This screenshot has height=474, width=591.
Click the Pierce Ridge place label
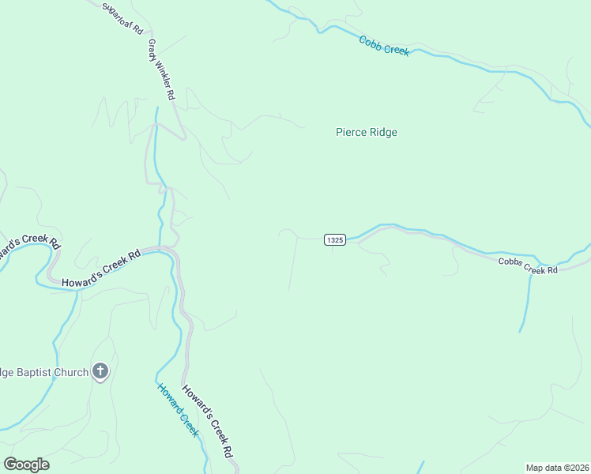pos(366,132)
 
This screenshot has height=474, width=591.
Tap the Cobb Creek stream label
pos(384,46)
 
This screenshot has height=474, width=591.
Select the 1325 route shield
pos(334,239)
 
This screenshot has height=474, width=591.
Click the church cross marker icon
pos(100,371)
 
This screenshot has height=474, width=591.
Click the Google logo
pos(26,465)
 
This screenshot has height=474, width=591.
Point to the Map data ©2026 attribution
pos(557,467)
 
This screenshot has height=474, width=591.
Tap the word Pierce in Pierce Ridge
pos(351,132)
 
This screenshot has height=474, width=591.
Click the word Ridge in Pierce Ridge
pos(382,132)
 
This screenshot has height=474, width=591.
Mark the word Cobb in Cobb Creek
pos(371,42)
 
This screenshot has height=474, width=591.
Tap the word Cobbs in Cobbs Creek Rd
pos(510,263)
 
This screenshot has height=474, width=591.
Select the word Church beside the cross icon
pos(70,371)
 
